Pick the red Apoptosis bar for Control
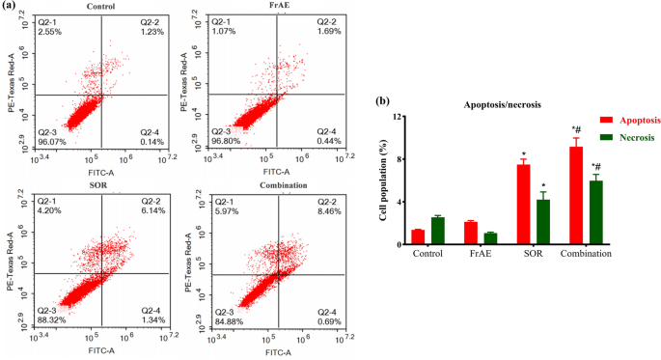click(x=418, y=236)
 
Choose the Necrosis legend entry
click(x=609, y=138)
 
